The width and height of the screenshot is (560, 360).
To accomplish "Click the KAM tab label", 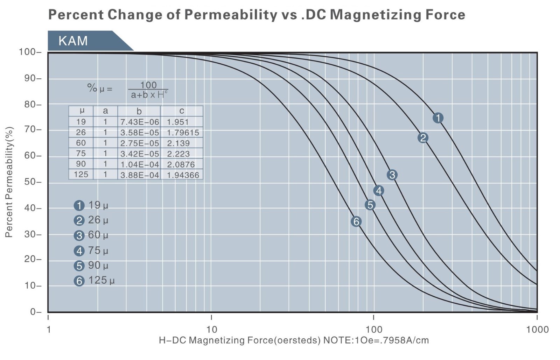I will [x=73, y=41].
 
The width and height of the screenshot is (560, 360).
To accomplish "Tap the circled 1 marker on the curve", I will [x=438, y=118].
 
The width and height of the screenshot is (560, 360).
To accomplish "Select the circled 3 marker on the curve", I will [x=392, y=175].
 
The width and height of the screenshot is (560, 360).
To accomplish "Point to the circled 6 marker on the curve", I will [x=356, y=221].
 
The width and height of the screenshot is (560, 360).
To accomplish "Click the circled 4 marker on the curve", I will [x=378, y=191].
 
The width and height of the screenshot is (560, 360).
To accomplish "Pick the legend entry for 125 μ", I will [x=94, y=281].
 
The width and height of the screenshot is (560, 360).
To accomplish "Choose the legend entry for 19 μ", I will [x=91, y=205].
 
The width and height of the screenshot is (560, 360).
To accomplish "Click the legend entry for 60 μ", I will [x=91, y=235].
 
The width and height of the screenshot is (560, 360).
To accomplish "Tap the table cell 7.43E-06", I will [x=139, y=122].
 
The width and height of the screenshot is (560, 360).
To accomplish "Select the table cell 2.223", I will [x=178, y=154].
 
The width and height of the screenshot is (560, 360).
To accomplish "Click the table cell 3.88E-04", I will [x=139, y=175].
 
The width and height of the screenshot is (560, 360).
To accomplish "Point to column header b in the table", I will [x=139, y=111].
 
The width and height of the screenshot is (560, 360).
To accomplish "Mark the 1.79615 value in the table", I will [x=182, y=133].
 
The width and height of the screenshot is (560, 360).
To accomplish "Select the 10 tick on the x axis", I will [x=211, y=329].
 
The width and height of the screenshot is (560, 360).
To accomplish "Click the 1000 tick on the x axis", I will [x=537, y=329].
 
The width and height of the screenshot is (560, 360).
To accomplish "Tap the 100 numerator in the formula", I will [x=148, y=85].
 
